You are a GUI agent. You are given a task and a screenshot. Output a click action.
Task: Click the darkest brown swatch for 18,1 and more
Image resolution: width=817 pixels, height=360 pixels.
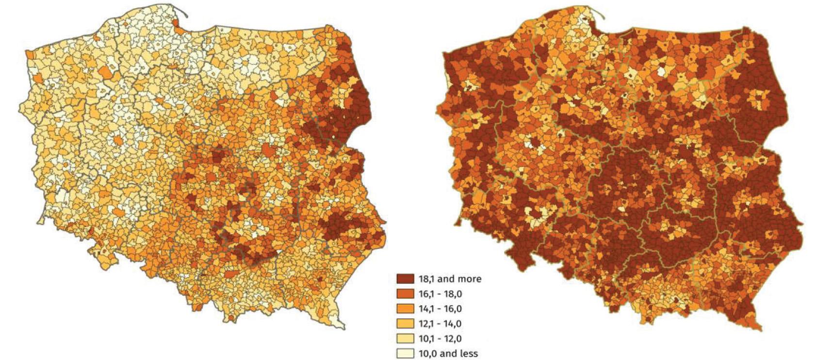coord(405,279)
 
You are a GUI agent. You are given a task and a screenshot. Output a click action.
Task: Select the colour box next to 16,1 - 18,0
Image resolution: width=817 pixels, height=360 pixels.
coord(405,294)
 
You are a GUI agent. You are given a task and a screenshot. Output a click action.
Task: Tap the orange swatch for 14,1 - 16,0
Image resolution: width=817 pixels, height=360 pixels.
coord(405,309)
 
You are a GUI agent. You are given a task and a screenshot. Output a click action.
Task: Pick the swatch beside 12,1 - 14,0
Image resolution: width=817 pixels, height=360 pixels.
coord(405,324)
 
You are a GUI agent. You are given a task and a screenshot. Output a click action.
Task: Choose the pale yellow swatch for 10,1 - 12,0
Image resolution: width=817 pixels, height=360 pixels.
coord(405,339)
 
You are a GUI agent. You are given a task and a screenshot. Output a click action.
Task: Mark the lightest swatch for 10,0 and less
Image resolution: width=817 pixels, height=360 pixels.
coord(405,353)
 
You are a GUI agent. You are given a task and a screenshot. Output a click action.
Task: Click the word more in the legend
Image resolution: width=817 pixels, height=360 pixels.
coord(470,279)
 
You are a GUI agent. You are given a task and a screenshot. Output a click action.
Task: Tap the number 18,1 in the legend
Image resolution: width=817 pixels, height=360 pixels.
coord(428,279)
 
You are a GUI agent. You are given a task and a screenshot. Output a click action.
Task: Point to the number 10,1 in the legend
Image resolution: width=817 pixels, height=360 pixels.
coord(427,339)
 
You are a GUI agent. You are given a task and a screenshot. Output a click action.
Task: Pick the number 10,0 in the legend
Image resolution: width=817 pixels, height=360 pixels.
coord(428,353)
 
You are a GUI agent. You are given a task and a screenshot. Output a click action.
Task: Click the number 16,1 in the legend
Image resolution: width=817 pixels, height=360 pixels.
coord(427,294)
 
